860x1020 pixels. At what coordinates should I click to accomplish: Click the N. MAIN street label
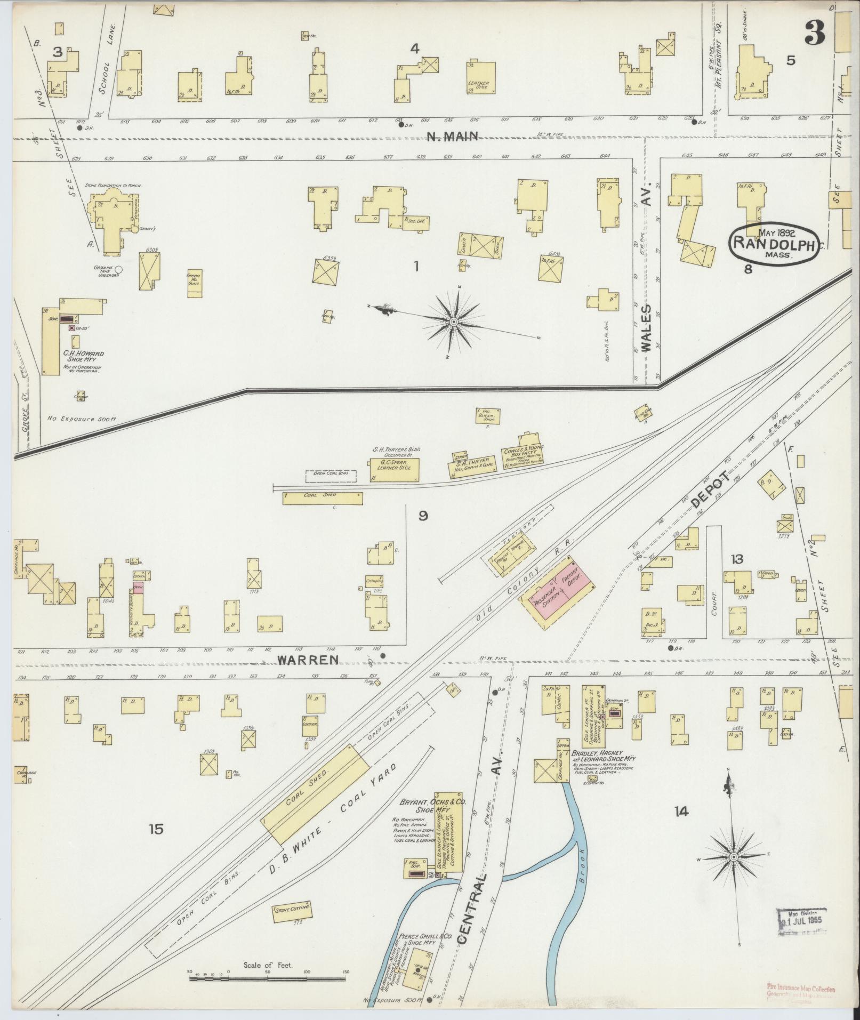451,137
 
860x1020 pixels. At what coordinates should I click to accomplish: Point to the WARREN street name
308,660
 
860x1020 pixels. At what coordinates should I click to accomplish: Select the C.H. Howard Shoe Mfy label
83,356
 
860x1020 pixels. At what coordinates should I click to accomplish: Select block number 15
156,829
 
